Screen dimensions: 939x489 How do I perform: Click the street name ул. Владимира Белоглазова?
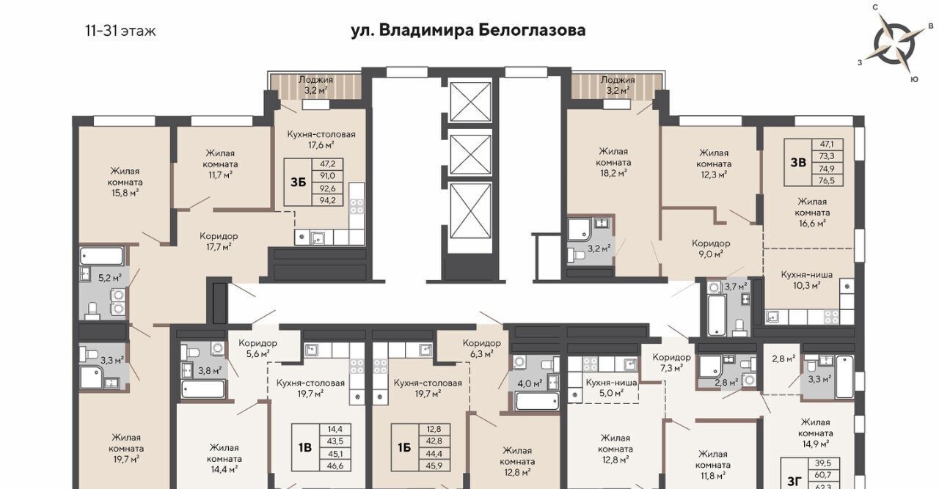[x=468, y=31]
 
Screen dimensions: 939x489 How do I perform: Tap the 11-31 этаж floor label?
[x=121, y=31]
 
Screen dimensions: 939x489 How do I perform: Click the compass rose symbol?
[x=894, y=44]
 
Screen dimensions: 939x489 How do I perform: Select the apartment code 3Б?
[x=298, y=183]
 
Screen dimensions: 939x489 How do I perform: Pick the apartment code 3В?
[x=798, y=162]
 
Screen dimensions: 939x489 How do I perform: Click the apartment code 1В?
[x=305, y=447]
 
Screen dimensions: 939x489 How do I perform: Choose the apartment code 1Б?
[x=404, y=447]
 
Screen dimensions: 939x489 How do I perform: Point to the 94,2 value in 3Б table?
[x=327, y=200]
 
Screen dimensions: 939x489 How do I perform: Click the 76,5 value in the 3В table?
[x=827, y=180]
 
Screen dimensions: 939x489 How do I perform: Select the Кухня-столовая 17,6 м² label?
[x=321, y=139]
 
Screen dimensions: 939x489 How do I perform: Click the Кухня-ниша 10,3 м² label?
[x=806, y=280]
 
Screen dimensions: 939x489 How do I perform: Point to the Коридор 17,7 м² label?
[x=219, y=241]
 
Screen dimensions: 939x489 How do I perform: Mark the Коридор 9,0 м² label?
[x=711, y=249]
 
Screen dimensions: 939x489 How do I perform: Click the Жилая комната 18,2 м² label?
[x=613, y=162]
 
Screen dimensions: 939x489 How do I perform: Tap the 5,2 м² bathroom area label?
[x=110, y=277]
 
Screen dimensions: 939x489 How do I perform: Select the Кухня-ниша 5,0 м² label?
[x=611, y=388]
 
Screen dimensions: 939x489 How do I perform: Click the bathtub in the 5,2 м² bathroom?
[x=102, y=256]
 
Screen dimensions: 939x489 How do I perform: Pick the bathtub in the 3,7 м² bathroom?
[x=717, y=315]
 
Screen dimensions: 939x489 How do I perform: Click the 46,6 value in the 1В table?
[x=335, y=466]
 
